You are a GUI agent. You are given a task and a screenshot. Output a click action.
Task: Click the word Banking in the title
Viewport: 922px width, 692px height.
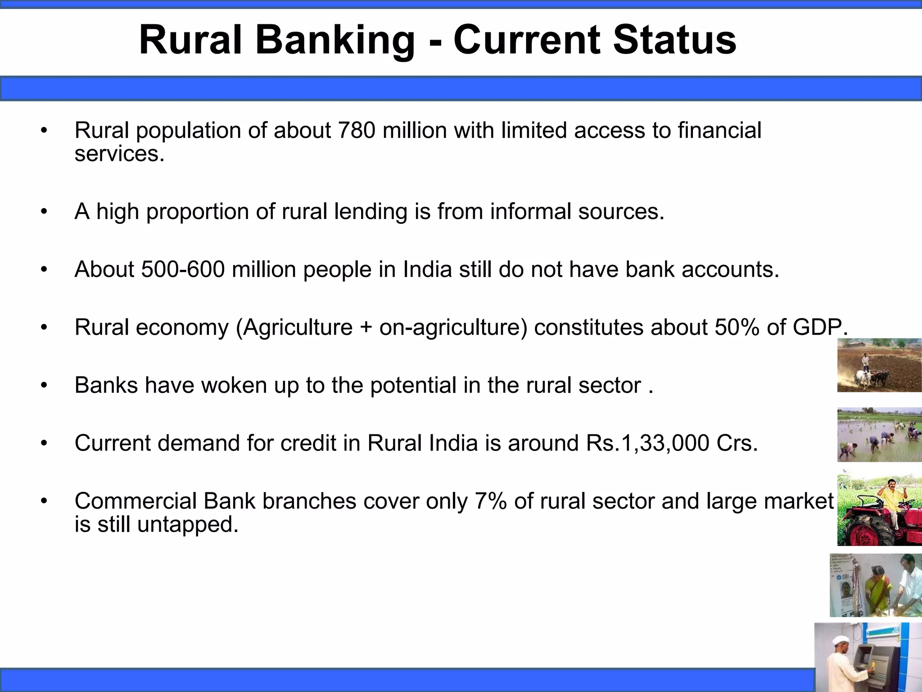(335, 41)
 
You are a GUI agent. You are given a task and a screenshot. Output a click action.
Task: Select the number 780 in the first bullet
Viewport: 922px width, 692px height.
(356, 130)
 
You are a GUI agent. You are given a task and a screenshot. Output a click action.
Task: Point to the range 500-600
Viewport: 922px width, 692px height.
(183, 269)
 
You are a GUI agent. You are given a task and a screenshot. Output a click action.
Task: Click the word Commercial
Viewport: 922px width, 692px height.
(136, 501)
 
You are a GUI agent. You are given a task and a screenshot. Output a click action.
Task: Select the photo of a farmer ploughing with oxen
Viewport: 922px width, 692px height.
(879, 365)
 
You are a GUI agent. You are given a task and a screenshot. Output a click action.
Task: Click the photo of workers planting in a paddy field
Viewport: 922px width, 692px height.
(879, 435)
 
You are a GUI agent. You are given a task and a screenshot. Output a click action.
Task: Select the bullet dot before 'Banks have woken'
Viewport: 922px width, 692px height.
(44, 386)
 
